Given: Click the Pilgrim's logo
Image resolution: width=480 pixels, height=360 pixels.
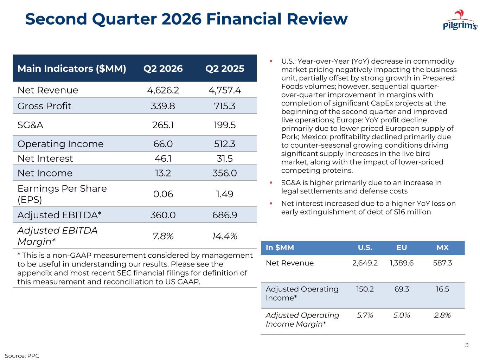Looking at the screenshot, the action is [460, 20].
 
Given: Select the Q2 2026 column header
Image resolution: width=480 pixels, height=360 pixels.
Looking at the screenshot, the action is [163, 69].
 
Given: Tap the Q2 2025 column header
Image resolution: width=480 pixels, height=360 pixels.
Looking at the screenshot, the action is [225, 69].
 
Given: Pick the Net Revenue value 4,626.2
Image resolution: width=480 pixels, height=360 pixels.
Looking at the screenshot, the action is [163, 90].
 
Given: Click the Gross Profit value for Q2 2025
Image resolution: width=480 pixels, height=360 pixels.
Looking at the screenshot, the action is [225, 106].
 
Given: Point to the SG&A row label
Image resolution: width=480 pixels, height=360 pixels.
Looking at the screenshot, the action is [30, 125].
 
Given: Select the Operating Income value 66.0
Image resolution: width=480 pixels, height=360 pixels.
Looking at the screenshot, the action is [163, 144].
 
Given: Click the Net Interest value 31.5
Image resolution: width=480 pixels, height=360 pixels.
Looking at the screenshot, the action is [225, 159].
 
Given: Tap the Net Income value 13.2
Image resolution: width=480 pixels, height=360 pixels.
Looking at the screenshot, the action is [163, 173].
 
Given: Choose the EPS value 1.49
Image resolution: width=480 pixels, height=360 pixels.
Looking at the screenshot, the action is [225, 194].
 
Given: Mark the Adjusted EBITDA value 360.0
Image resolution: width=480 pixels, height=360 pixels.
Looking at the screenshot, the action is [163, 215].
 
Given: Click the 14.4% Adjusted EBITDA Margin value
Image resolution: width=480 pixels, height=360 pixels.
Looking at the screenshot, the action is [225, 236].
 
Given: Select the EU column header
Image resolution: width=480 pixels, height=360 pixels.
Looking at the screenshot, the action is [402, 247].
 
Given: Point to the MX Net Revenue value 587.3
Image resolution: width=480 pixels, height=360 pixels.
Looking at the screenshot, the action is [442, 263].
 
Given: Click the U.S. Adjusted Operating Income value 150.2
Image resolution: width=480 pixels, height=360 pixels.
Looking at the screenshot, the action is [365, 289].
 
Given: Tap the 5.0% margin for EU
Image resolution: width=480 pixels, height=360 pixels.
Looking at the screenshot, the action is [402, 315].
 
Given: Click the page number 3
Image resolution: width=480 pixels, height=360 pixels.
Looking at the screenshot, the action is [467, 345].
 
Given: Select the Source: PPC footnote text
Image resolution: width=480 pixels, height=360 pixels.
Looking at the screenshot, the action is [22, 356].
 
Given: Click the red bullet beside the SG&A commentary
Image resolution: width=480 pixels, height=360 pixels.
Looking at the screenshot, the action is [271, 182].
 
